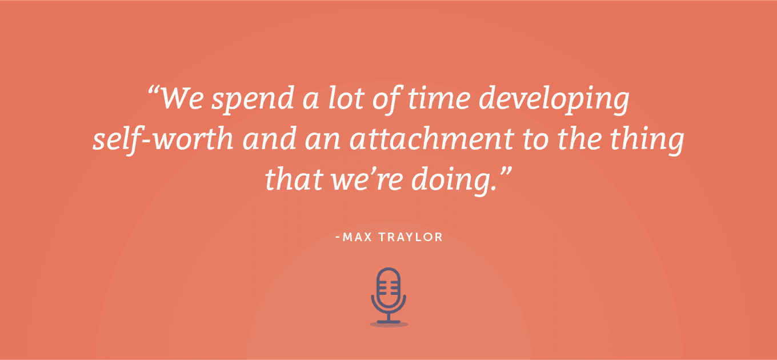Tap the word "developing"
(x=554, y=99)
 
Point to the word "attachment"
(x=431, y=139)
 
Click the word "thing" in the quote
(x=647, y=141)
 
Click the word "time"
(x=438, y=98)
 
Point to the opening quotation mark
(x=153, y=91)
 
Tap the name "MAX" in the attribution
(x=357, y=237)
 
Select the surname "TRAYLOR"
(x=410, y=237)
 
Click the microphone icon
(x=388, y=297)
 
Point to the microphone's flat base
(x=388, y=322)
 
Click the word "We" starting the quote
(x=182, y=98)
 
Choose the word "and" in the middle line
(x=269, y=139)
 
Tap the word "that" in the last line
(x=294, y=179)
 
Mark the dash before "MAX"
(x=338, y=238)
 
